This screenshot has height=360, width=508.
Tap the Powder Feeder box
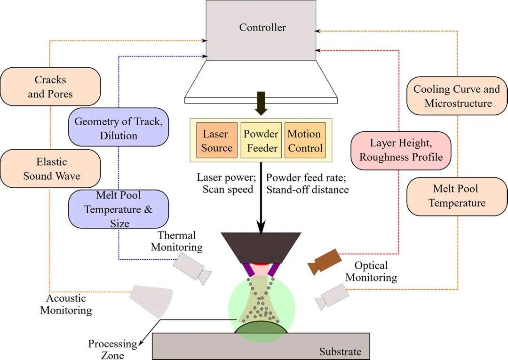click(261, 141)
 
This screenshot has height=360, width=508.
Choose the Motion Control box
click(305, 141)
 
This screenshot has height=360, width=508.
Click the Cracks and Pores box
click(50, 87)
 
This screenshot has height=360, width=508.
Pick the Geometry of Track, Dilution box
click(119, 128)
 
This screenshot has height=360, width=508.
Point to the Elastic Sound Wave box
click(52, 169)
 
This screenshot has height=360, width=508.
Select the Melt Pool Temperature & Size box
click(119, 209)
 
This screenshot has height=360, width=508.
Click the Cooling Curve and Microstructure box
click(456, 96)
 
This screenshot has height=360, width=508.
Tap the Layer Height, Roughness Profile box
click(401, 150)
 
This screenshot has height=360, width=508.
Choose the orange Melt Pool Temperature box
click(456, 196)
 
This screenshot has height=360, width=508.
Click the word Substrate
click(340, 352)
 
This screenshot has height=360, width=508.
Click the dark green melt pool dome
click(262, 329)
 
